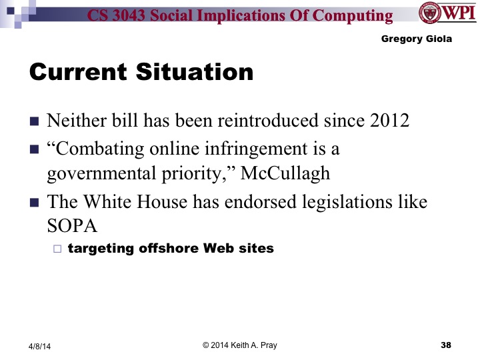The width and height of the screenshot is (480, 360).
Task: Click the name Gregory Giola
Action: [x=416, y=39]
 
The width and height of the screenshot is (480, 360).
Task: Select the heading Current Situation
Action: [x=141, y=72]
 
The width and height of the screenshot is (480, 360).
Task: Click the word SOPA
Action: [x=72, y=226]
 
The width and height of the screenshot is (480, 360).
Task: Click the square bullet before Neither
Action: [x=35, y=122]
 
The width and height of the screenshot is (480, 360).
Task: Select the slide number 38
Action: [x=446, y=345]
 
